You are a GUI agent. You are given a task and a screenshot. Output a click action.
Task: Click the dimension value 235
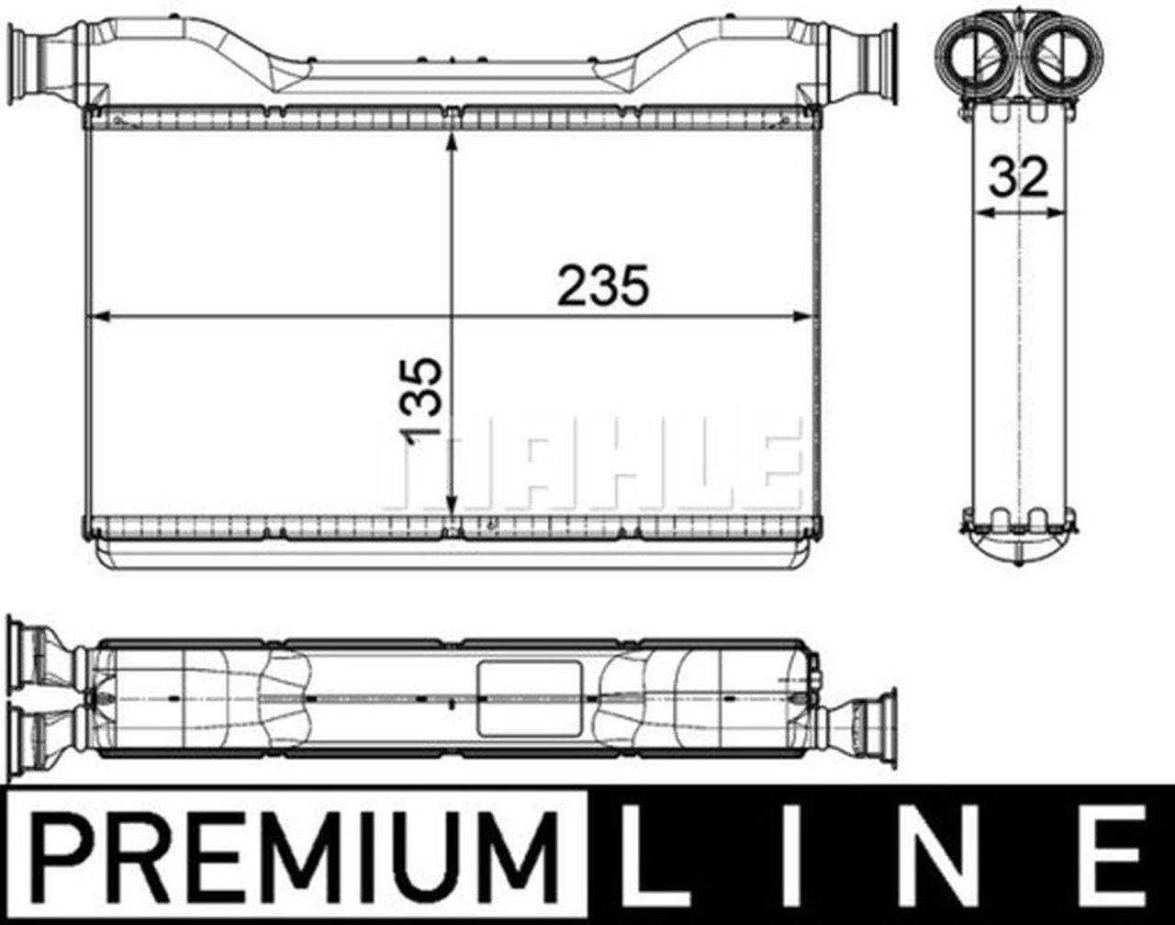coord(603,286)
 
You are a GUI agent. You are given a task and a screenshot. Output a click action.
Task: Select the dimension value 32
coord(1018,178)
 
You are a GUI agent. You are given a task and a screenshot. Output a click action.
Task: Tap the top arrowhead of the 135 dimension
coord(451,141)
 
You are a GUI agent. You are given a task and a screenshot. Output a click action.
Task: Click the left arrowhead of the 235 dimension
coord(96,317)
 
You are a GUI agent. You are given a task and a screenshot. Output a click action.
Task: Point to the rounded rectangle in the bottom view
coord(530,698)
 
